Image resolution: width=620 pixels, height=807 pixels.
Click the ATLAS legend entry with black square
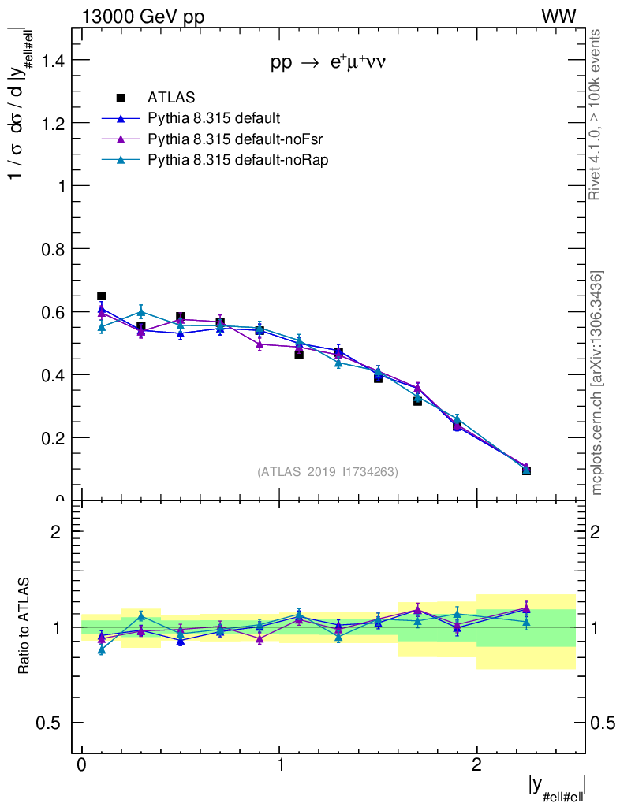pos(170,98)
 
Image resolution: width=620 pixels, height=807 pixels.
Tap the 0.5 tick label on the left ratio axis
pos(50,723)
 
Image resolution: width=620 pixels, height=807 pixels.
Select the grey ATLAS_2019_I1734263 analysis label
pos(327,472)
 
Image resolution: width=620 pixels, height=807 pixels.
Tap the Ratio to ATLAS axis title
pos(24,626)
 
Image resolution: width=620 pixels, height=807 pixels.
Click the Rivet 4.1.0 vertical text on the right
pos(596,115)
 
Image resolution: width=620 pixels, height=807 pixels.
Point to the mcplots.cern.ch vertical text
pos(597,383)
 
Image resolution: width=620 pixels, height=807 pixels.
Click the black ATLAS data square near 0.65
pos(101,296)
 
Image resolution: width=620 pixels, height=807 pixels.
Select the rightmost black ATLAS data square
pos(526,470)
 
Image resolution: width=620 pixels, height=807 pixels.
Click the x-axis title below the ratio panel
pos(556,789)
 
